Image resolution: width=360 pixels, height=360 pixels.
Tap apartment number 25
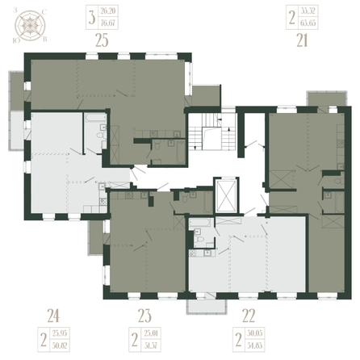(x=102, y=37)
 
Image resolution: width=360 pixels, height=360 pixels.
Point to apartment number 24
(x=54, y=316)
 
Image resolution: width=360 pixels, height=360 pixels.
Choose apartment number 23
(x=144, y=316)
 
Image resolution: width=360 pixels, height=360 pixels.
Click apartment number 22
(x=238, y=316)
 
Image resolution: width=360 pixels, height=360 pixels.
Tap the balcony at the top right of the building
(x=321, y=98)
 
